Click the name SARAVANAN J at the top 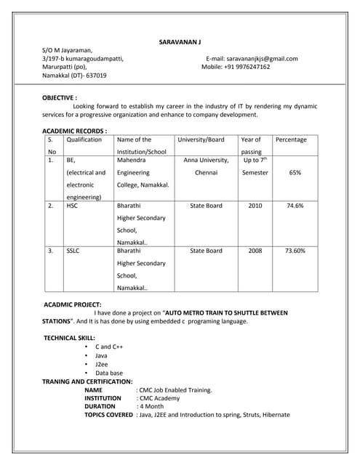coord(180,42)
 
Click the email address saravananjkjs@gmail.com coord(262,58)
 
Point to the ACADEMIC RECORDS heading coord(75,131)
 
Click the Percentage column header coord(291,139)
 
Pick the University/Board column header coord(201,139)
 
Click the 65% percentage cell coord(295,173)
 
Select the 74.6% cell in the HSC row coord(295,206)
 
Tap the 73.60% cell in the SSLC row coord(295,251)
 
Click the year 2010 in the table coord(255,206)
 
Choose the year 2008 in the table coord(255,251)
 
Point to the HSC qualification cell coord(72,206)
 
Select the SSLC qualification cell coord(73,251)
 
